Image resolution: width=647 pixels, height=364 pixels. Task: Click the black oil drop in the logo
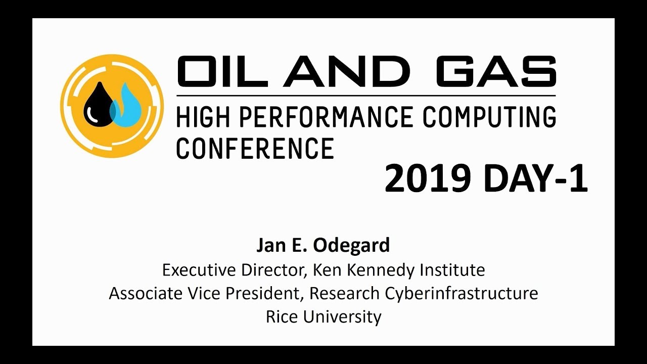99,106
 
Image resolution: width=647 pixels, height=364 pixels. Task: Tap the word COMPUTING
489,118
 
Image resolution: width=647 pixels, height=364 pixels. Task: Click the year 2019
427,179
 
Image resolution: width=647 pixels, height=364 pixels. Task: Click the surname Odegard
351,245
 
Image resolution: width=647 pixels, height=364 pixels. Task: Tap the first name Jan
268,245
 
